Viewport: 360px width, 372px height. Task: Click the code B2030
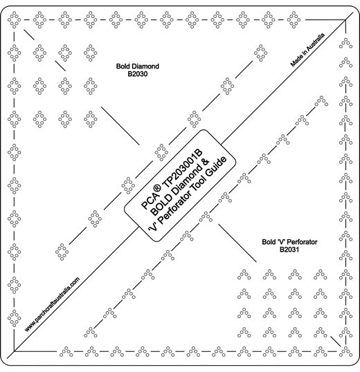pos(138,74)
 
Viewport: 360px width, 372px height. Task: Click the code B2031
pos(289,250)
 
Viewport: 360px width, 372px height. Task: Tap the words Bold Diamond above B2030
pos(138,66)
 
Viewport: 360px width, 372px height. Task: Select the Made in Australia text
pos(307,50)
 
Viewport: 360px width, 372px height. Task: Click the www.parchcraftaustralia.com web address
pos(52,304)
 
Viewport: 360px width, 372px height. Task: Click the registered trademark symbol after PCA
pos(157,189)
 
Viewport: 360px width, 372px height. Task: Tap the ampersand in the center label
pos(206,162)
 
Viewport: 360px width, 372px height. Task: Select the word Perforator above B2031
pos(303,242)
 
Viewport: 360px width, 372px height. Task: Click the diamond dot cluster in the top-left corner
pos(15,19)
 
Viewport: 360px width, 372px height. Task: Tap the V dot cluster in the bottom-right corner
pos(345,351)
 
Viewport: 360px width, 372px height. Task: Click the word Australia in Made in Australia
pos(316,41)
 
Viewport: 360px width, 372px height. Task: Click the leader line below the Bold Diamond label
pos(120,126)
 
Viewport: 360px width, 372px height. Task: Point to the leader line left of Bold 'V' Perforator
pos(237,243)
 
